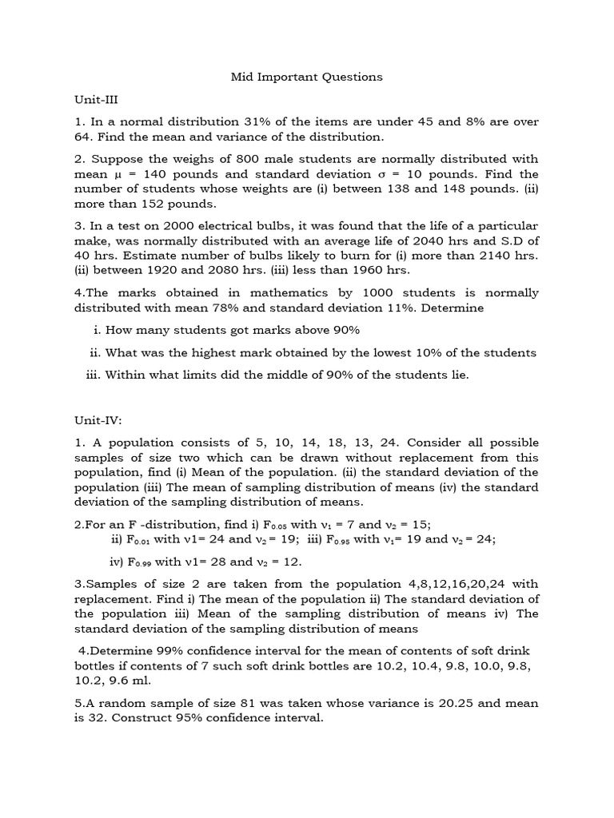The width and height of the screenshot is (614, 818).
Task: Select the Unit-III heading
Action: tap(95, 100)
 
